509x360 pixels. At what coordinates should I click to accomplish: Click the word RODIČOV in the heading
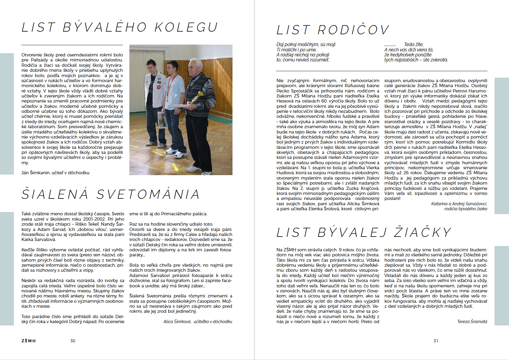click(x=353, y=30)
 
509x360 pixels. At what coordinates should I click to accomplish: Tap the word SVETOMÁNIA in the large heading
click(x=148, y=194)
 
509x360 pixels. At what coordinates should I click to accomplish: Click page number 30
click(x=73, y=341)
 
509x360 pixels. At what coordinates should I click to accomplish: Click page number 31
click(x=436, y=341)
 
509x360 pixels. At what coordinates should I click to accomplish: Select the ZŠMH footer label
click(x=28, y=341)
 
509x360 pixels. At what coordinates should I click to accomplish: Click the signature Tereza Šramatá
click(x=472, y=322)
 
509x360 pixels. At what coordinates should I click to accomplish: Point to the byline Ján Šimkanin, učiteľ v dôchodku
click(x=55, y=173)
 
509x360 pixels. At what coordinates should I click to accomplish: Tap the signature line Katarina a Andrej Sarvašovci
click(x=459, y=204)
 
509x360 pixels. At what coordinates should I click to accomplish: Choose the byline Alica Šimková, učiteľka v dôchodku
click(x=198, y=322)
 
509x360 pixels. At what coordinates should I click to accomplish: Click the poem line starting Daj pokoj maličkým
click(x=306, y=45)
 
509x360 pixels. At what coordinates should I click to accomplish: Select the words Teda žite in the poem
click(x=414, y=45)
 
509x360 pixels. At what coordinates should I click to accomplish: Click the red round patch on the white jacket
click(x=159, y=87)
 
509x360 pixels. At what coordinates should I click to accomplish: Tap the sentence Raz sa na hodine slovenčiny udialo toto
click(x=171, y=224)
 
